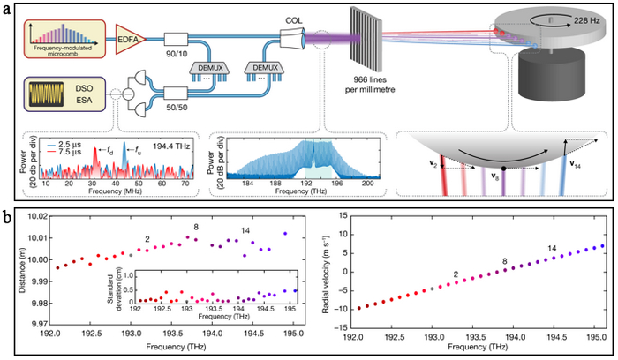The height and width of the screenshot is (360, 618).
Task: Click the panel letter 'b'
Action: click(10, 214)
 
